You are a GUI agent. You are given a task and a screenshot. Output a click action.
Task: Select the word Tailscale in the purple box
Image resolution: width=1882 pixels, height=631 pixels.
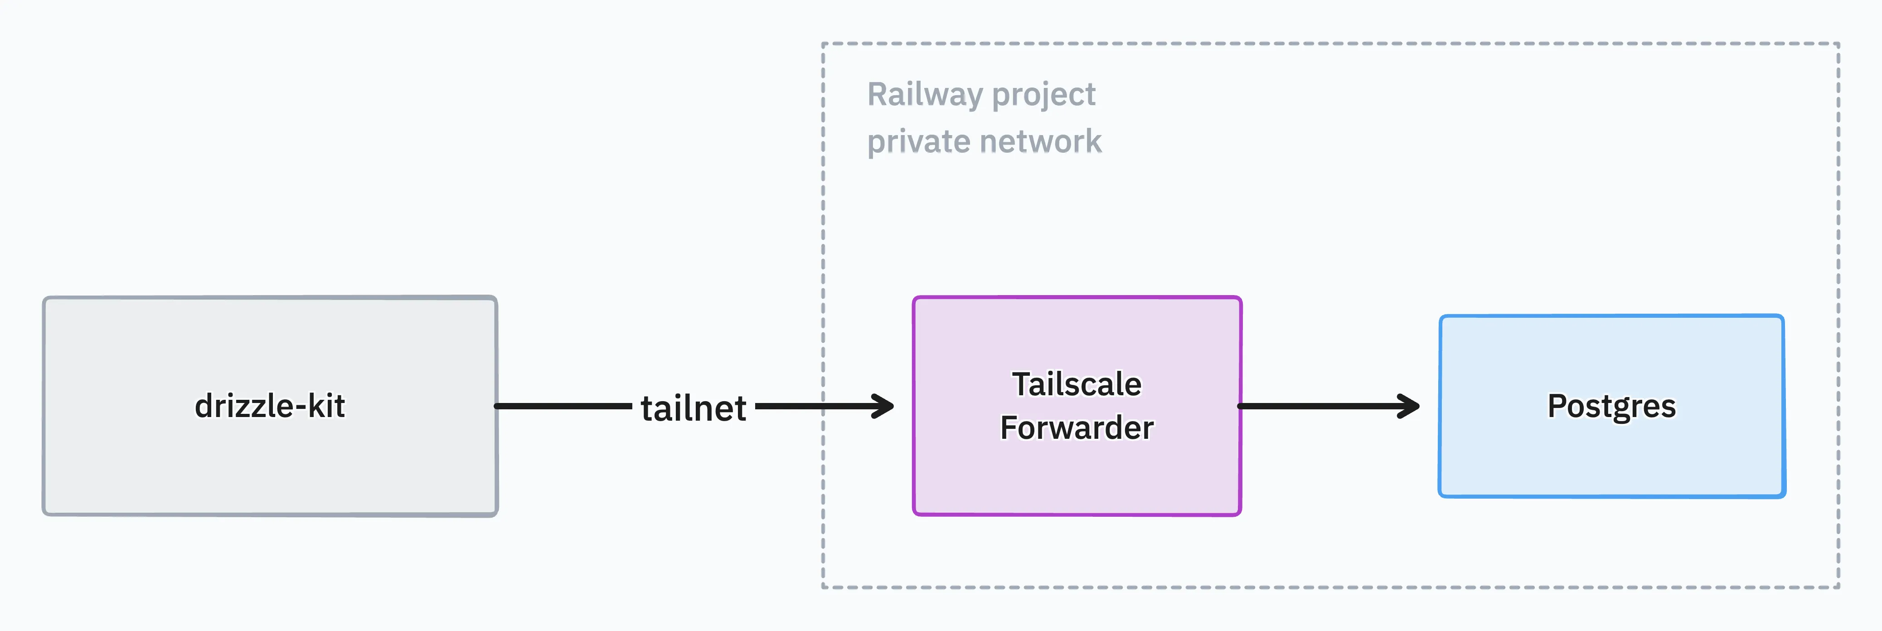[x=1076, y=384]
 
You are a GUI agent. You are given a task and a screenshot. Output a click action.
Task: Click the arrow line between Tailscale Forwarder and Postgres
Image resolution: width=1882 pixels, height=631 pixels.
[x=1329, y=406]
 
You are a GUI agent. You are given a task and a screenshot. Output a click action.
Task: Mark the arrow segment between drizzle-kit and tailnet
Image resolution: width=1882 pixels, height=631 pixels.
[x=563, y=406]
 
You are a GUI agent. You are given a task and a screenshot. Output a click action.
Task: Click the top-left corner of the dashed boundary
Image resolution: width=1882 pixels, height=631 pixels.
[x=823, y=44]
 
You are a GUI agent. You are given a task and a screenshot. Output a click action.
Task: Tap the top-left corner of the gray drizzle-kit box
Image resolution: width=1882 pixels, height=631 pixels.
[x=44, y=298]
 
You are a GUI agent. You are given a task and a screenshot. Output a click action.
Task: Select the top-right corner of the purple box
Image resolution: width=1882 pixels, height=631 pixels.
[x=1240, y=298]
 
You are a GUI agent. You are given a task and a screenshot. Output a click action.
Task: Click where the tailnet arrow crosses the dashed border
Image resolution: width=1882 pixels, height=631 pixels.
[x=823, y=406]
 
